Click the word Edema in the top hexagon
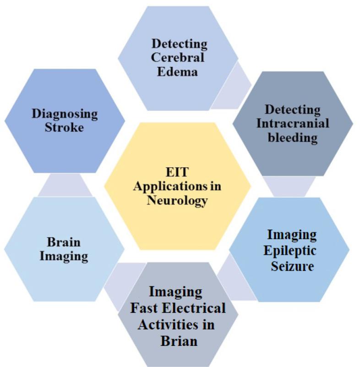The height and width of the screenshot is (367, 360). (179, 72)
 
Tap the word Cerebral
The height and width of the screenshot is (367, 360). (179, 58)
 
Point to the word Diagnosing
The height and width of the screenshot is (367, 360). (65, 113)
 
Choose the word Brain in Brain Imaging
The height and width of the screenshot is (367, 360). (64, 242)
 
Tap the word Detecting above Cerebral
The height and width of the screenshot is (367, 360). (179, 44)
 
